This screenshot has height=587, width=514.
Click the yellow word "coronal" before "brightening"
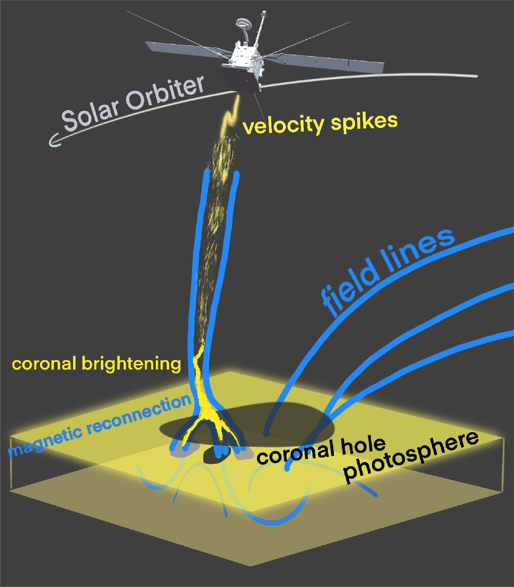[x=43, y=364]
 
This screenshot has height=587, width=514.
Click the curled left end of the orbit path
[x=54, y=139]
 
